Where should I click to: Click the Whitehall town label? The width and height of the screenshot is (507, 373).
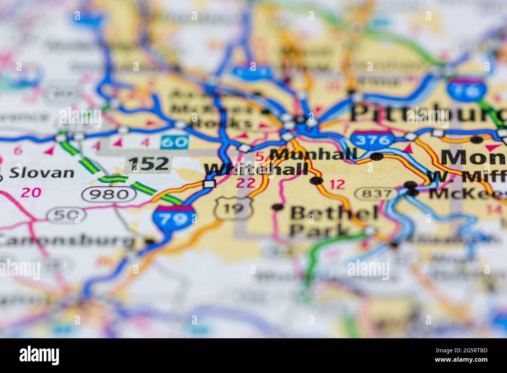click(256, 170)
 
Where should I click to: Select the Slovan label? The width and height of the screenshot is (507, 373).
click(42, 172)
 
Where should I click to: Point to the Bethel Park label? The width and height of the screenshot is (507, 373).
click(333, 221)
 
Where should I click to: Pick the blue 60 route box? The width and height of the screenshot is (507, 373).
click(174, 142)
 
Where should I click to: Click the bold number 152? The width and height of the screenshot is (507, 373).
click(149, 163)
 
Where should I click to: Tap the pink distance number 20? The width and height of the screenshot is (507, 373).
click(31, 192)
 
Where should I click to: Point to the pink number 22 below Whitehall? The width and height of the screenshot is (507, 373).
click(246, 183)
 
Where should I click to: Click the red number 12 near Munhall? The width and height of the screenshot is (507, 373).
click(337, 184)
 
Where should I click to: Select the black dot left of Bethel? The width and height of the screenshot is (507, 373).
click(278, 207)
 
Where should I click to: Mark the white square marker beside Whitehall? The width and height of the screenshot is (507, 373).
click(210, 183)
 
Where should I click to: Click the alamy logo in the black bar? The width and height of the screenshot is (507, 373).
click(39, 355)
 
